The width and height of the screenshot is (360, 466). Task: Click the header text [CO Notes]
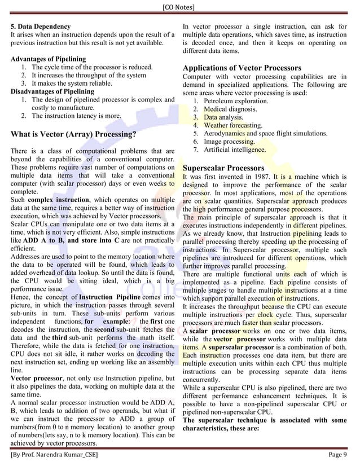coord(179,7)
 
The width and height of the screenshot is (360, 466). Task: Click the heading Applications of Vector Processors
coord(242,68)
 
